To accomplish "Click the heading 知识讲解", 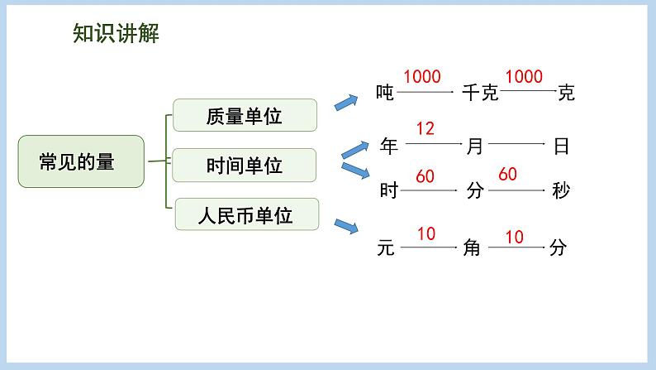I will [x=115, y=33].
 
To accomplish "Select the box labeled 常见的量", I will [x=81, y=161].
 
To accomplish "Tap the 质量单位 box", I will [x=245, y=116].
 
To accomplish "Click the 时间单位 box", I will [x=245, y=166].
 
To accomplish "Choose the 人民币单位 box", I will [x=246, y=216].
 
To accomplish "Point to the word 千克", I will [x=480, y=93].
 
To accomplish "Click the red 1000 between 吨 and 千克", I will [x=421, y=77].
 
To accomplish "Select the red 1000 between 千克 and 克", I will [x=523, y=77].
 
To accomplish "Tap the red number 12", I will [x=425, y=129].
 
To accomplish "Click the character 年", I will [x=388, y=147].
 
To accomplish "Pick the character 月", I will [x=474, y=147].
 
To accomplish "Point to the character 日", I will [x=561, y=147].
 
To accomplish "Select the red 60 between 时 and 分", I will [x=425, y=175].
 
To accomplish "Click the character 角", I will [x=472, y=247].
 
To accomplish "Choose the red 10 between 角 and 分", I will [x=514, y=237].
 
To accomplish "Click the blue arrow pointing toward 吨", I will [x=345, y=102].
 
